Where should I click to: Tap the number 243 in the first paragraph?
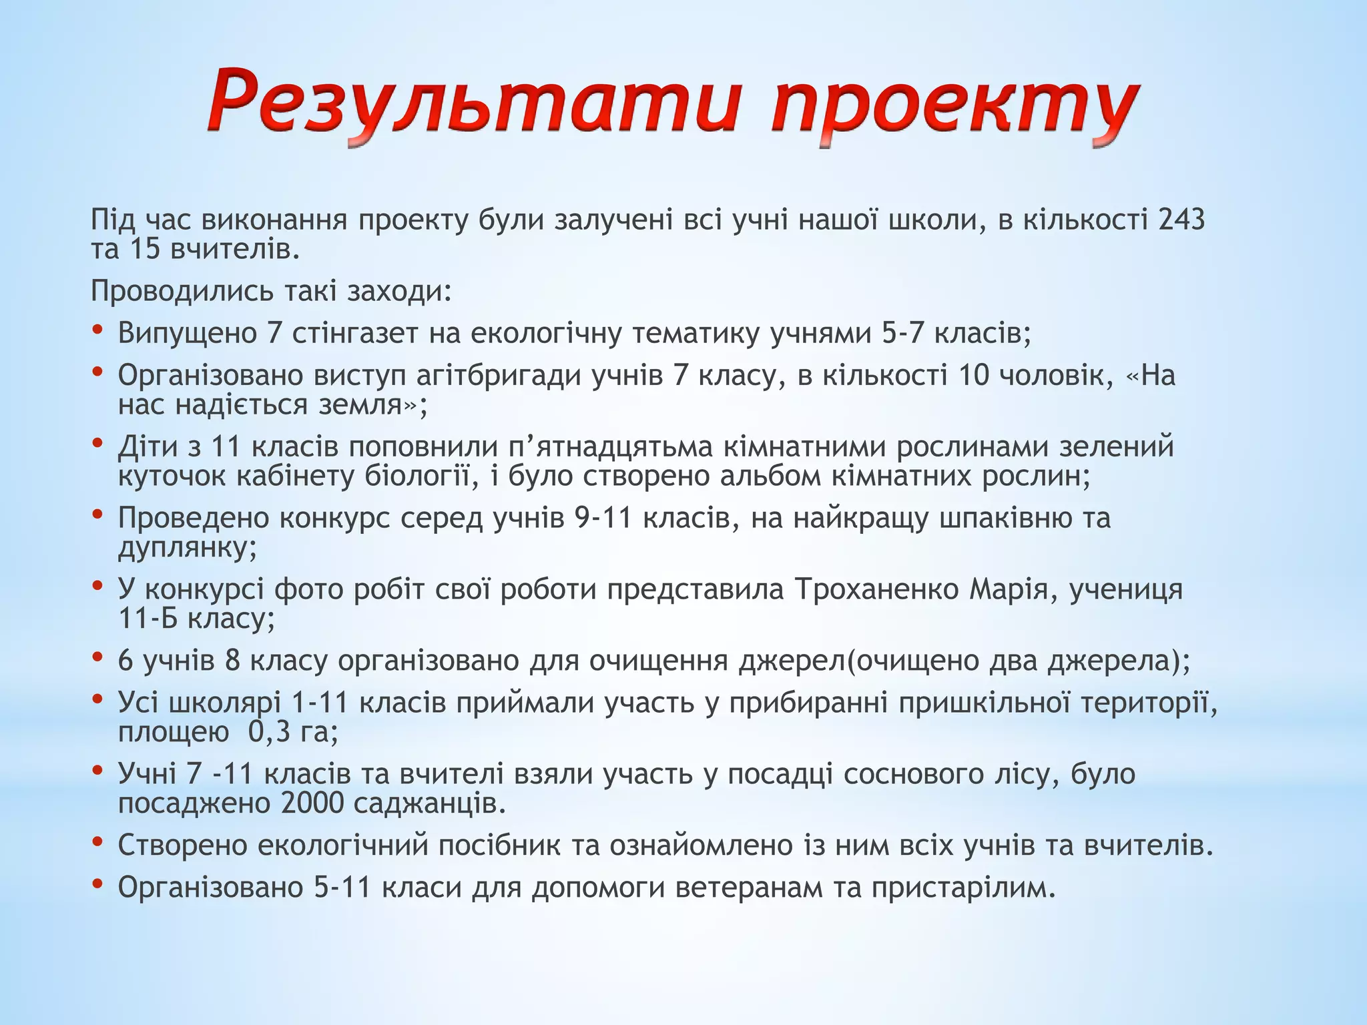[x=1181, y=220]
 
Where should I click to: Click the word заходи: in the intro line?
[x=400, y=291]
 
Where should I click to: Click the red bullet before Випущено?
[x=98, y=330]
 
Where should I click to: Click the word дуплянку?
[x=188, y=548]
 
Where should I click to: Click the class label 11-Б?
[x=148, y=619]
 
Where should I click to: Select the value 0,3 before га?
[x=270, y=732]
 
